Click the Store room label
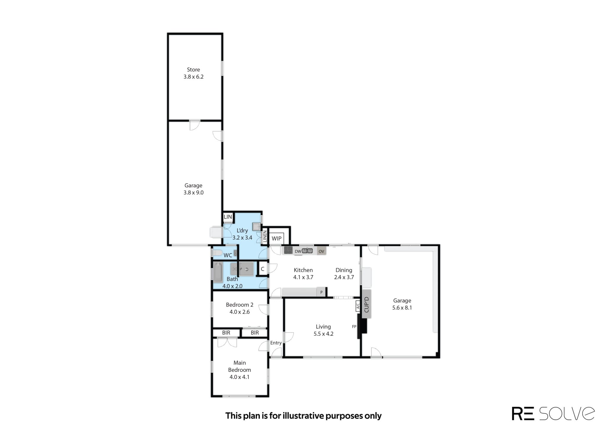[193, 70]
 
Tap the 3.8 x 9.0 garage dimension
[193, 193]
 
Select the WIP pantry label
[277, 239]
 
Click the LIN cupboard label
[228, 217]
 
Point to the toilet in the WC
[217, 253]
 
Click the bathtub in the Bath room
[218, 272]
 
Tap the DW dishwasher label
[298, 251]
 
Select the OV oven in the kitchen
[321, 251]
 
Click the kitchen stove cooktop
[288, 250]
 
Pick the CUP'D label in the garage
[367, 304]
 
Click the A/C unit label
[358, 306]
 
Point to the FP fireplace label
[354, 327]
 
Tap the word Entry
[276, 343]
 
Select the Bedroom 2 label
[239, 305]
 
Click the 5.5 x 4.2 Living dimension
[323, 334]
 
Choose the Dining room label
[344, 270]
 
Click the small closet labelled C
[262, 269]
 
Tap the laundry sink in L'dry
[256, 227]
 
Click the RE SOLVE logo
[553, 413]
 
